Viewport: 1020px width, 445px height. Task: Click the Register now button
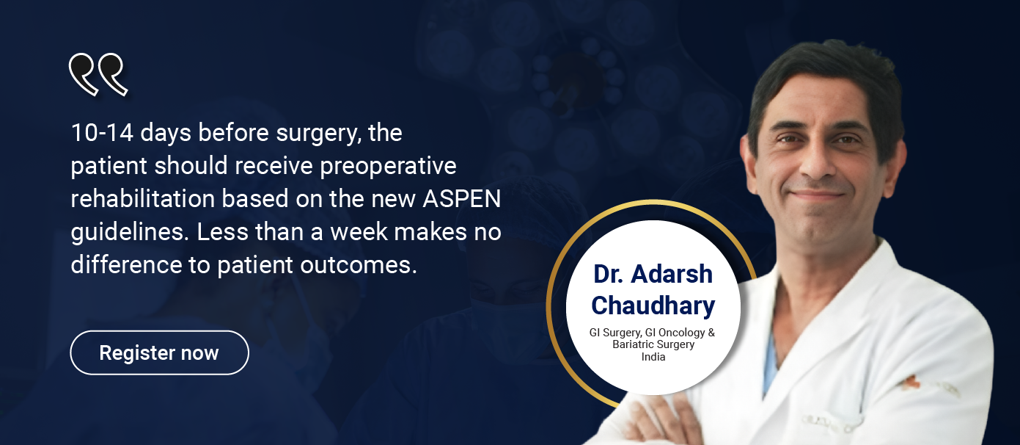(159, 352)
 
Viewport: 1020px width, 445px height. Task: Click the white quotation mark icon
(98, 74)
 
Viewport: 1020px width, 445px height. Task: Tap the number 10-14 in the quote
(103, 133)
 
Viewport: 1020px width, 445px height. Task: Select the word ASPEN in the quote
(462, 199)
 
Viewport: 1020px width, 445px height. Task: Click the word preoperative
(388, 167)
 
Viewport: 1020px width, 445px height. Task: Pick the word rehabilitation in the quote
(142, 199)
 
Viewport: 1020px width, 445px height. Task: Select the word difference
(127, 264)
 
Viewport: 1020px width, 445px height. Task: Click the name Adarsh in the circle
(672, 274)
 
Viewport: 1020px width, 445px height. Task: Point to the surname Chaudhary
(653, 305)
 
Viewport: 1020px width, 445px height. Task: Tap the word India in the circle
(653, 357)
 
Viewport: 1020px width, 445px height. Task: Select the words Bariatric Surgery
(653, 344)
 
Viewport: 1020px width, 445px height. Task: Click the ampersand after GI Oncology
(711, 333)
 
